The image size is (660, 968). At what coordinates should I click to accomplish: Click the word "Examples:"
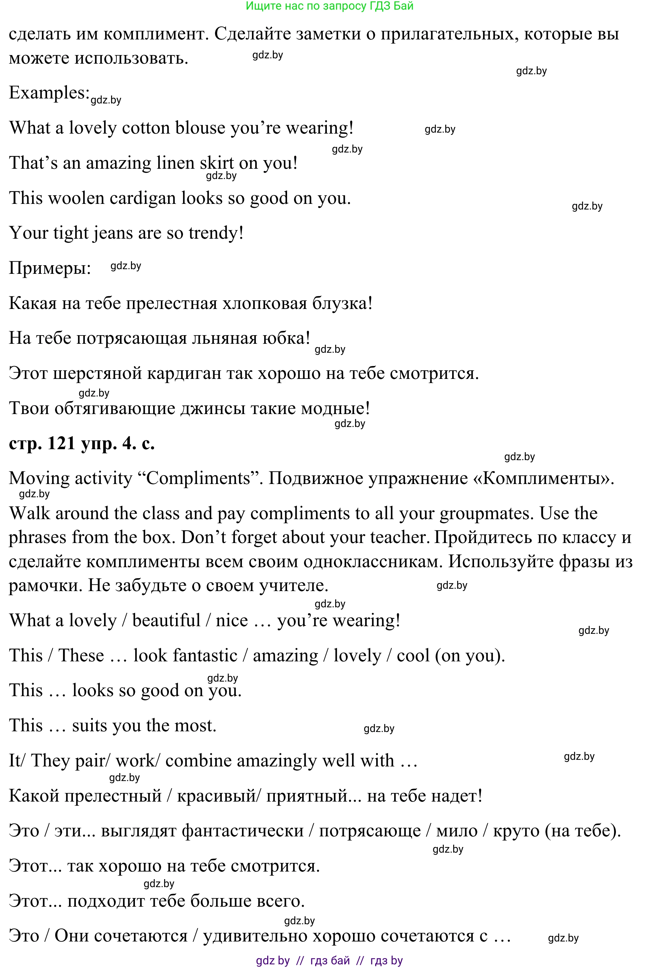(x=49, y=93)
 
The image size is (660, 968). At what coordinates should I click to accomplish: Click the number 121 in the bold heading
(x=61, y=443)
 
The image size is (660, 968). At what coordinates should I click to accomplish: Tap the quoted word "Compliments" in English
(x=198, y=478)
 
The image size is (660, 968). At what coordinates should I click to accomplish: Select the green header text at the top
(x=330, y=6)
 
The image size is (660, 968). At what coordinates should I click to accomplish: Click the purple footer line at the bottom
(x=330, y=960)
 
